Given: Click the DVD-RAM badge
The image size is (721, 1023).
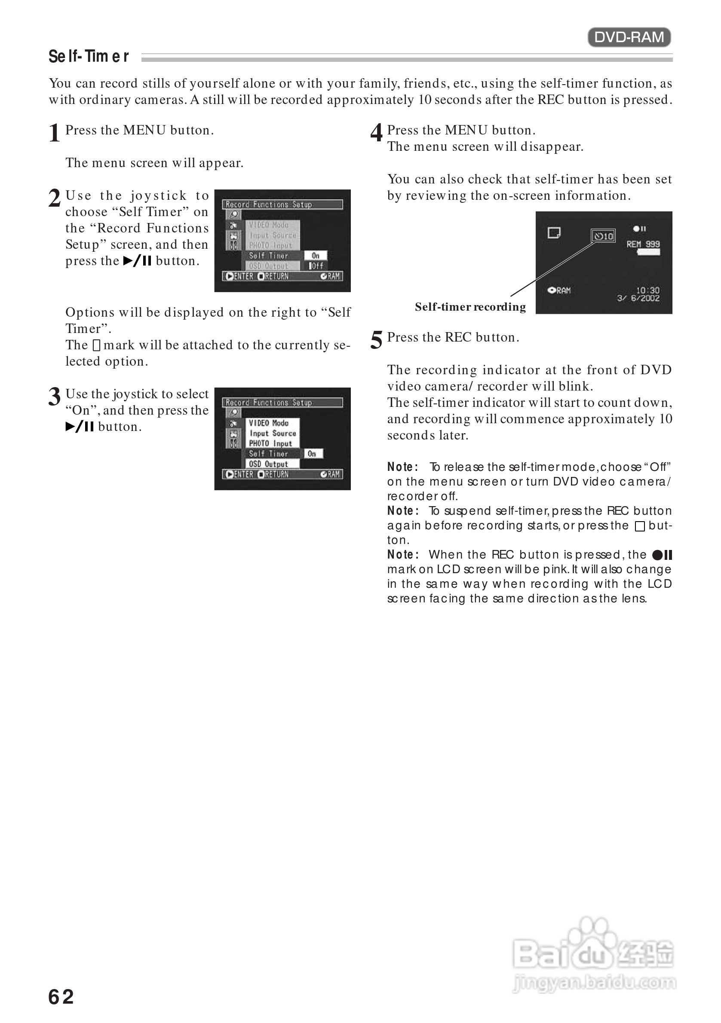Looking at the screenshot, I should click(x=629, y=37).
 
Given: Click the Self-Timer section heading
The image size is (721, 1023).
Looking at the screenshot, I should click(x=89, y=57).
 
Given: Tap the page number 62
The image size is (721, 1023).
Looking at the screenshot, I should click(x=61, y=997).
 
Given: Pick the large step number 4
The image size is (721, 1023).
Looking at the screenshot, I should click(x=376, y=133).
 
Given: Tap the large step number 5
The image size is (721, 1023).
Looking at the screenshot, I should click(x=376, y=340).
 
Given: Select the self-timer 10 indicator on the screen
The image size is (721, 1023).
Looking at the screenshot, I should click(x=603, y=236).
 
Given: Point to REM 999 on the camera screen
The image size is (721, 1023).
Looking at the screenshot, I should click(x=643, y=244).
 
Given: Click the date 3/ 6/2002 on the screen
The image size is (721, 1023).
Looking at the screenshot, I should click(x=638, y=298).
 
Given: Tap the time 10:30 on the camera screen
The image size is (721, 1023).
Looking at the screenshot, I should click(x=647, y=290).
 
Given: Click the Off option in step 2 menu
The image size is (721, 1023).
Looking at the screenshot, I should click(x=316, y=266).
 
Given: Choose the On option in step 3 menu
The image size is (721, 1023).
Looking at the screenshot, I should click(x=312, y=454).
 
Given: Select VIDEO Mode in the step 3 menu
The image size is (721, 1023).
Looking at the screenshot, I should click(x=269, y=423).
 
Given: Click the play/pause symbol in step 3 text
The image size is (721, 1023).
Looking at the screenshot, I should click(x=80, y=427).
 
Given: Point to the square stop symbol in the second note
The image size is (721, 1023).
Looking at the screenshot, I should click(x=639, y=526).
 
